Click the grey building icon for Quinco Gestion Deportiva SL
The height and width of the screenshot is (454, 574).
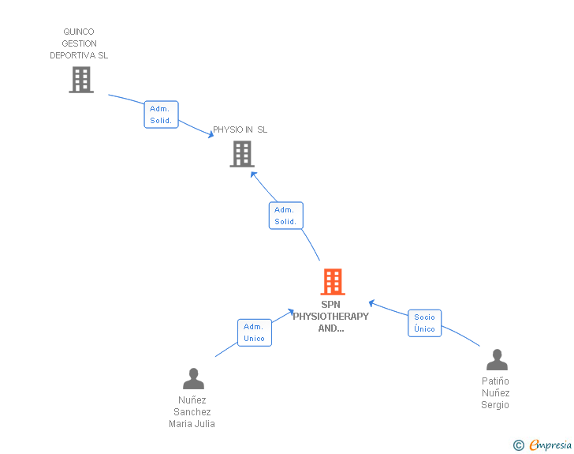pyautogui.click(x=80, y=80)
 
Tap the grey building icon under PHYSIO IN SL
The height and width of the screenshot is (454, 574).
pyautogui.click(x=241, y=154)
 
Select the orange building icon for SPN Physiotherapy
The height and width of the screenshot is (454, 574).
pyautogui.click(x=332, y=282)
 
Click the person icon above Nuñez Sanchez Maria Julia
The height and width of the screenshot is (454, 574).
pyautogui.click(x=193, y=379)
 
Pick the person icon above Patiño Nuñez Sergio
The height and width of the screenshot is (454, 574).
pyautogui.click(x=497, y=360)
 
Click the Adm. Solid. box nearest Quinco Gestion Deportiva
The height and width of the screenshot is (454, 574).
pyautogui.click(x=161, y=114)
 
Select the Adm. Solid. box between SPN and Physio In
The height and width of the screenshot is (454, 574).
pyautogui.click(x=285, y=216)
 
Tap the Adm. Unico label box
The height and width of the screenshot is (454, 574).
pyautogui.click(x=254, y=332)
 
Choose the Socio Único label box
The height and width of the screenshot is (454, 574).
pyautogui.click(x=424, y=323)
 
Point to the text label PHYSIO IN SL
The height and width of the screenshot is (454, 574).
pyautogui.click(x=240, y=129)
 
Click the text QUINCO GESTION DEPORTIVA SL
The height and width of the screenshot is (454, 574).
pyautogui.click(x=79, y=44)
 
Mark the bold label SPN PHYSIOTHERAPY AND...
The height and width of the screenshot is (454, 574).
pyautogui.click(x=330, y=316)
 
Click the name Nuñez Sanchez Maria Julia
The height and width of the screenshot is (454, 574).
pyautogui.click(x=192, y=411)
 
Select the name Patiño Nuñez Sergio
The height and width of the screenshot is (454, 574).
pyautogui.click(x=495, y=393)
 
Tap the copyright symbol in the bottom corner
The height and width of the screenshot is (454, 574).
pyautogui.click(x=518, y=445)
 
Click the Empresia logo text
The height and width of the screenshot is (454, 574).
pyautogui.click(x=550, y=445)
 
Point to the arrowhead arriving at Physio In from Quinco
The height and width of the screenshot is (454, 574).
pyautogui.click(x=211, y=136)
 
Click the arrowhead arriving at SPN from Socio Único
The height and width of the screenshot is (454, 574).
pyautogui.click(x=372, y=302)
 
